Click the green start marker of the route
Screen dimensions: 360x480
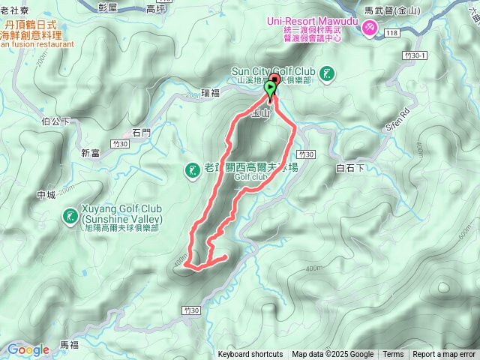click(269, 89)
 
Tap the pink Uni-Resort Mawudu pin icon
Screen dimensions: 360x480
click(370, 28)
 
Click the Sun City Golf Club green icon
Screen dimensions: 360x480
click(327, 73)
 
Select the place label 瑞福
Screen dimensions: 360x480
click(211, 94)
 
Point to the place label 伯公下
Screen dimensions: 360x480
click(56, 121)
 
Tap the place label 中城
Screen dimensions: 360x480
click(46, 195)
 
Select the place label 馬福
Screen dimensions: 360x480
click(69, 344)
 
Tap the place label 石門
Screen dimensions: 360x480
click(141, 133)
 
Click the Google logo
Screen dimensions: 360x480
click(28, 349)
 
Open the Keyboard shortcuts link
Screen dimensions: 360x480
click(250, 355)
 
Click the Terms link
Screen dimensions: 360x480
click(393, 355)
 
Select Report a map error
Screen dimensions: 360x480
click(444, 355)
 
